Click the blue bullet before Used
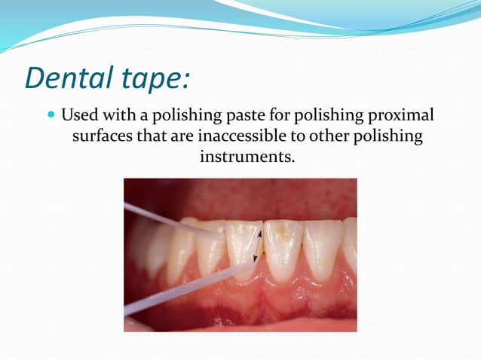tap(51, 117)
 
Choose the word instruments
tap(246, 158)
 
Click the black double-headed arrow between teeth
tap(258, 246)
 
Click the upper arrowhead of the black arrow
tap(260, 233)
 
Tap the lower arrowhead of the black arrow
tap(256, 259)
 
